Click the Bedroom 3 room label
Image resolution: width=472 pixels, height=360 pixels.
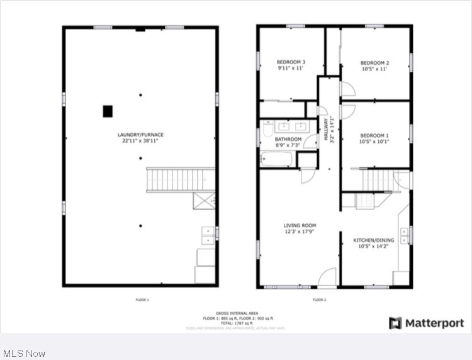click(291, 62)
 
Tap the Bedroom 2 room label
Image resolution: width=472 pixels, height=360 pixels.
click(374, 63)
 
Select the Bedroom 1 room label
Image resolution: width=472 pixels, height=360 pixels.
click(374, 135)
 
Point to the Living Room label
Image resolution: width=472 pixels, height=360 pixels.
click(300, 225)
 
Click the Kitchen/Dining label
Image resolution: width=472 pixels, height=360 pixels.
click(373, 240)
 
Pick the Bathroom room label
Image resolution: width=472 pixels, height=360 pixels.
click(288, 139)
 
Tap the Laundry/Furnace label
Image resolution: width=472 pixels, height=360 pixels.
click(140, 135)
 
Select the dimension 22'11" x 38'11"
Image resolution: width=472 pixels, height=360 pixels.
click(140, 141)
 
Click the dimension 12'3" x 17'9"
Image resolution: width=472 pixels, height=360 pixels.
click(300, 231)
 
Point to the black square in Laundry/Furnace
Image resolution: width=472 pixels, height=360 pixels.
click(108, 111)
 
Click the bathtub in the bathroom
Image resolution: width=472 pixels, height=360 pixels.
click(278, 159)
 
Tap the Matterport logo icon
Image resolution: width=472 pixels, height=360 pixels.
click(395, 323)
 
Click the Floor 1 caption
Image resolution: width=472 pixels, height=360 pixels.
click(142, 300)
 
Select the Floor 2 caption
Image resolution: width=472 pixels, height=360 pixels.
click(319, 300)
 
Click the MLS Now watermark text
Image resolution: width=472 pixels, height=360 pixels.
click(24, 353)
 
